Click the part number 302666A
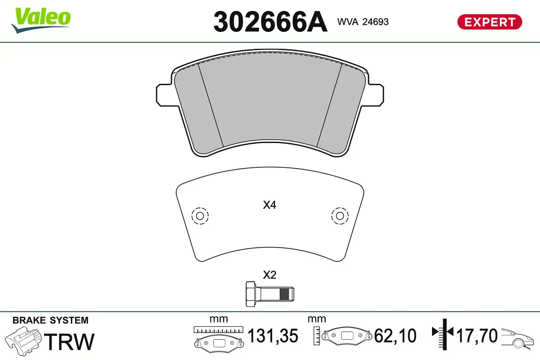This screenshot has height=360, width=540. tap(270, 22)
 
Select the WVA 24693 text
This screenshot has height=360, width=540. tap(363, 22)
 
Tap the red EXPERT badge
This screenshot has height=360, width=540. tap(489, 22)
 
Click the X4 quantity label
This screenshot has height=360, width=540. tap(269, 206)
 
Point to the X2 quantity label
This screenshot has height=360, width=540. tap(269, 275)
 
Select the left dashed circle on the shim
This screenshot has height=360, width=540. tap(200, 216)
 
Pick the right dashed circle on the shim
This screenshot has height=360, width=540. tap(339, 216)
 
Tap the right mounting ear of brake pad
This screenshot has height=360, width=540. tap(377, 94)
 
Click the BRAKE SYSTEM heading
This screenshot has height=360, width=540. tap(50, 320)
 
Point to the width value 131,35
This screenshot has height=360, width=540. tap(273, 336)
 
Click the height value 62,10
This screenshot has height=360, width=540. tap(395, 336)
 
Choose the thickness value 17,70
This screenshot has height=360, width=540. tap(477, 336)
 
